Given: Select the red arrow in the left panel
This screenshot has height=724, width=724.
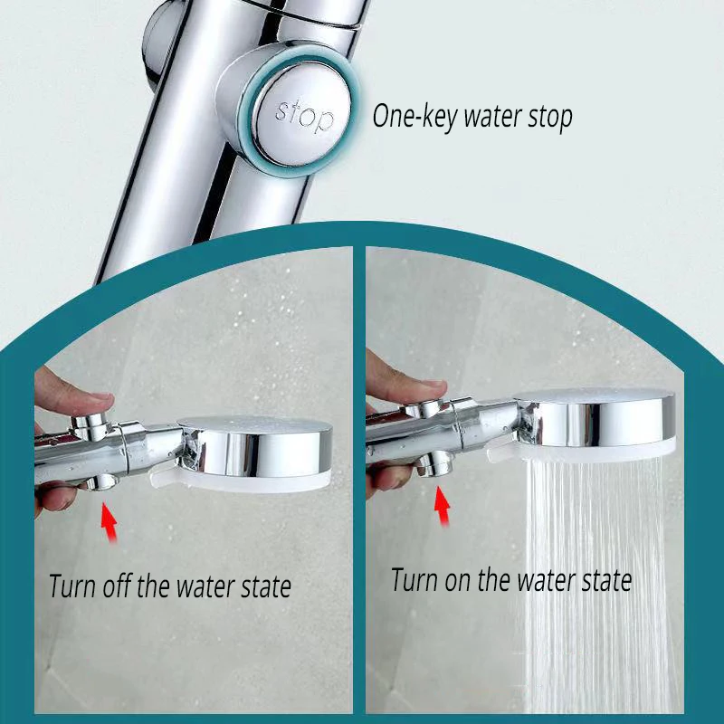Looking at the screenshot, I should [109, 523].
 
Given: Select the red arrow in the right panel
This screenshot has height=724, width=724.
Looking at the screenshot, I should [443, 505].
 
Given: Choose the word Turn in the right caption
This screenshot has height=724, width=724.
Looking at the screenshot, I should [413, 579].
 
